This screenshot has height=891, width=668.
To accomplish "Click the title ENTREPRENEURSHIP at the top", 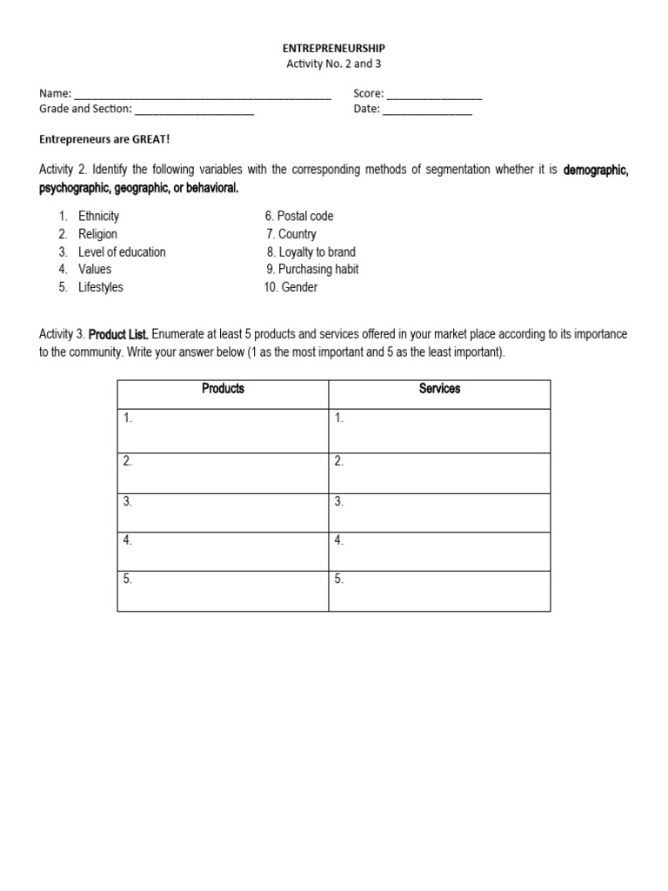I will coord(334,49).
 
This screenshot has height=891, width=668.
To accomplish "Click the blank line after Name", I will coord(203,95).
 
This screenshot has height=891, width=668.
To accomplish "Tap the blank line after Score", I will coord(434,95).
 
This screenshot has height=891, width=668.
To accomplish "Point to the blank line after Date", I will coord(427,111).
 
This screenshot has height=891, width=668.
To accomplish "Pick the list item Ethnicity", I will coord(98,216).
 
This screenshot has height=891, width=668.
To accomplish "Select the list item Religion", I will coord(97,234).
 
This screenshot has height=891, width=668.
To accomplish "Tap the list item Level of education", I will coord(122,251).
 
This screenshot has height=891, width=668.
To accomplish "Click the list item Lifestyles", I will coord(101,287).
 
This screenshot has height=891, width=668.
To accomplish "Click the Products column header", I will coord(223,389).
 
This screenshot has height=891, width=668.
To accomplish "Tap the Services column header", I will coord(439,389).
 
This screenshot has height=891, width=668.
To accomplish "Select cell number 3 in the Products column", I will coord(223,512).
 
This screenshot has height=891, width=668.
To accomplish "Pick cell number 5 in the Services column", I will coord(439,591).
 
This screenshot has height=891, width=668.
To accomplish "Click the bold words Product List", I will coord(119,334).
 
